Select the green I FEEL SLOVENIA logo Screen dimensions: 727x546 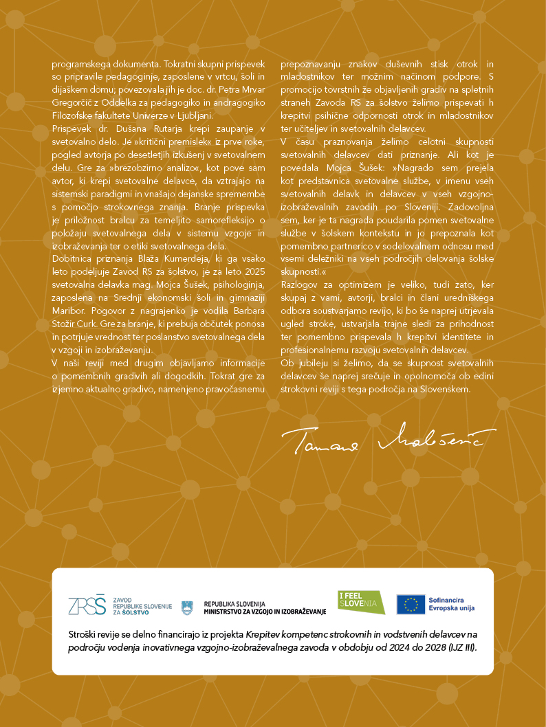pyautogui.click(x=361, y=603)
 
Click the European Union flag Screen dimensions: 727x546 pyautogui.click(x=411, y=604)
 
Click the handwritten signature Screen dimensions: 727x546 pyautogui.click(x=388, y=438)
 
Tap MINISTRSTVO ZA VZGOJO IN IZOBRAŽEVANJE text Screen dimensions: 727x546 pyautogui.click(x=265, y=612)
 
